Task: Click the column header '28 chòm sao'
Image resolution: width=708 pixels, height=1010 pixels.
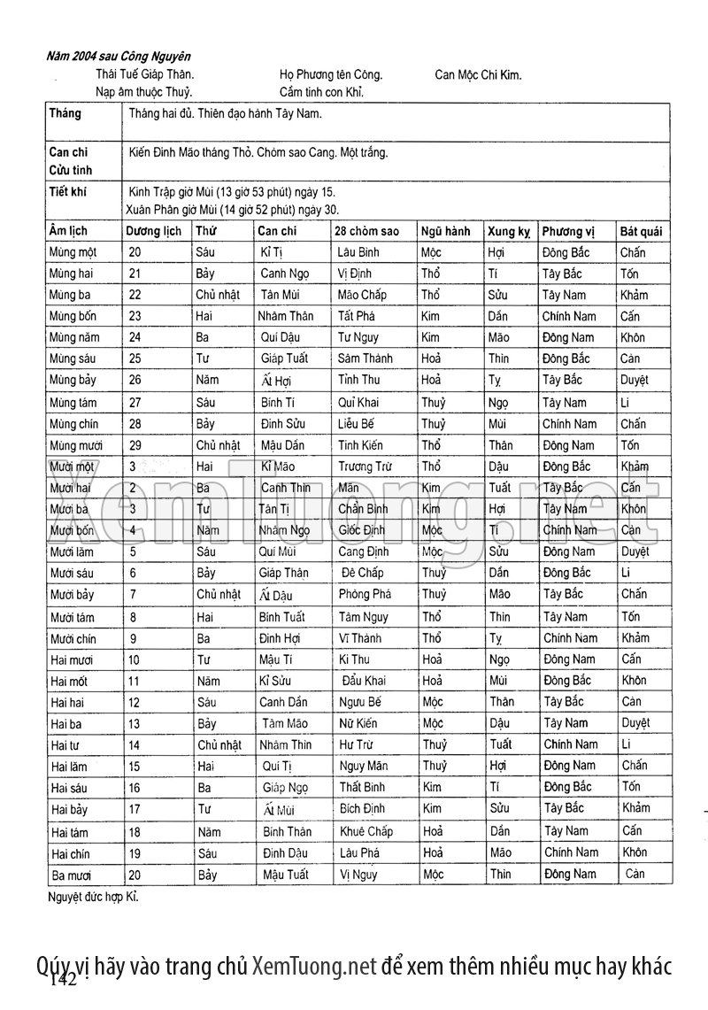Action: point(366,231)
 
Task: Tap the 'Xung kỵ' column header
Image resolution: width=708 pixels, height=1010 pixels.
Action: point(508,231)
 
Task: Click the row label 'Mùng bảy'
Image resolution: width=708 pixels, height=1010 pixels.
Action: point(74,380)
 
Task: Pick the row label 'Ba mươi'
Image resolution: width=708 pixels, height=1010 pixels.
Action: point(72,875)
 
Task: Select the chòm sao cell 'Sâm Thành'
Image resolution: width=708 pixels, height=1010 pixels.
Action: point(365,359)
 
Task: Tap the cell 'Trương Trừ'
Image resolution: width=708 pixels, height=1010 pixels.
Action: point(364,466)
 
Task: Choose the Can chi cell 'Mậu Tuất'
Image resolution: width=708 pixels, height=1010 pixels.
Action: point(285,875)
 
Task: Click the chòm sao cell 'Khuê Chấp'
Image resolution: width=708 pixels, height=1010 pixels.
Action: point(366,831)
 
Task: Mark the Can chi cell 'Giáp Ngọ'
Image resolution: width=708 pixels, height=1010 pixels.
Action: point(285,787)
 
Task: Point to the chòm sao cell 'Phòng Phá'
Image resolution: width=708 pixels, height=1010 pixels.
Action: point(365,594)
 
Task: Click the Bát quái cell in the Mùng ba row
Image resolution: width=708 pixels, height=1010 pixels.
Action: point(635,295)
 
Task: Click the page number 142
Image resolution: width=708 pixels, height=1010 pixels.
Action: point(65,981)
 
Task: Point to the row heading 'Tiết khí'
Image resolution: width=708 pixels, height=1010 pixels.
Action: point(66,190)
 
